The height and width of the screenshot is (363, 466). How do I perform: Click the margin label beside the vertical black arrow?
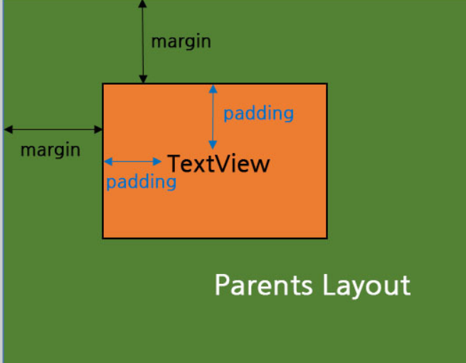coord(181,41)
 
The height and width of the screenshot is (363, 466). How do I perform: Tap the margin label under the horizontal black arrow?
coord(50,150)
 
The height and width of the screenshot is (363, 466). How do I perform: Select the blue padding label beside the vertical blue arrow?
coord(258,113)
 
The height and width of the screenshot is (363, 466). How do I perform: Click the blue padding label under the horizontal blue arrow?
coord(141,181)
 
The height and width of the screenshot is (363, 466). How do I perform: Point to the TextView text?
coord(218,164)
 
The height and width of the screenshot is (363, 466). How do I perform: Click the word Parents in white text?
coord(263,285)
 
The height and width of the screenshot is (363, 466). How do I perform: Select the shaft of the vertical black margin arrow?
coord(143,43)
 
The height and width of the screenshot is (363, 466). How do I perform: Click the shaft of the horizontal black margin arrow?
coord(53,130)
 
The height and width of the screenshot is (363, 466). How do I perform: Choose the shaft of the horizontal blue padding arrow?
coord(133,162)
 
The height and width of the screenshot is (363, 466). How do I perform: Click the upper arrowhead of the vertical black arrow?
coord(143,4)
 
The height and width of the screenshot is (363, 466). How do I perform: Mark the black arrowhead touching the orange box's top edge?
coord(143,80)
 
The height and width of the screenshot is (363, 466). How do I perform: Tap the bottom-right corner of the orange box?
coord(327,238)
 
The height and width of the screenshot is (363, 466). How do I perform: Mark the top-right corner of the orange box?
coord(327,84)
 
